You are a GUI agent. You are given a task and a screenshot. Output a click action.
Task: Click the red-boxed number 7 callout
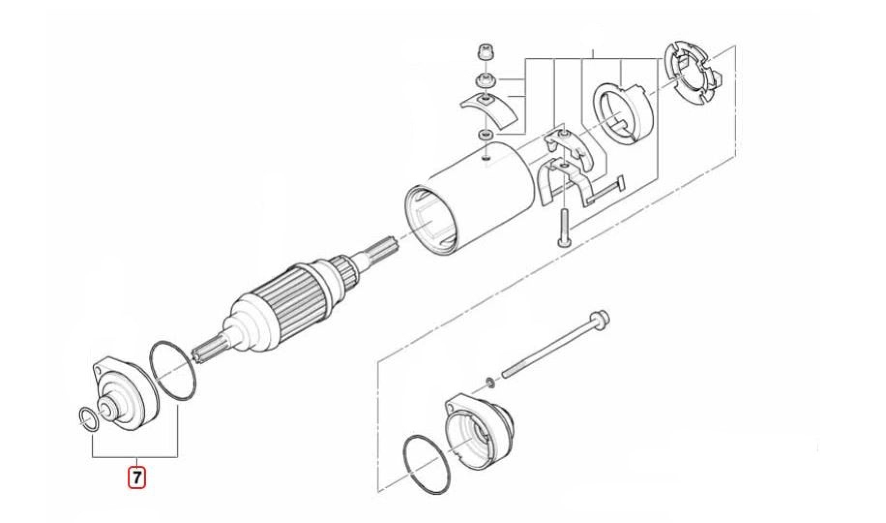click(136, 478)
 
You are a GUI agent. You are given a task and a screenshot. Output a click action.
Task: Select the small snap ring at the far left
click(89, 418)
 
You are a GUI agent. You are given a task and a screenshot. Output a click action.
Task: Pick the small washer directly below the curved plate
click(486, 134)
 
